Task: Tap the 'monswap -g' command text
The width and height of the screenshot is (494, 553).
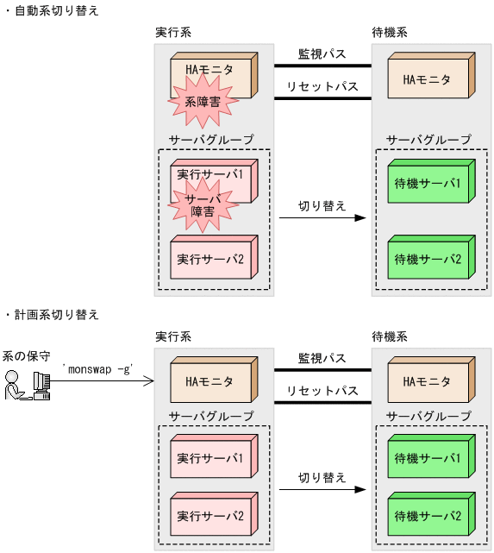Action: (x=97, y=368)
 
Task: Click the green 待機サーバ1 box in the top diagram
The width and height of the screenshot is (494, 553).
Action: (x=427, y=183)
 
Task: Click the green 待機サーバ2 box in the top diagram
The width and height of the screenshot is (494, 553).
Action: (x=427, y=258)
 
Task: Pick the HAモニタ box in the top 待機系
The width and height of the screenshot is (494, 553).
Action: (x=427, y=79)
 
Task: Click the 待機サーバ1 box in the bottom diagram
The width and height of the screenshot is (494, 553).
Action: (x=427, y=456)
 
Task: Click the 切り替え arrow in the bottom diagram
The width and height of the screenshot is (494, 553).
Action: (x=322, y=489)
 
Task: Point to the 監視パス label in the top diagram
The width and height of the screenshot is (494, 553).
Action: (x=322, y=53)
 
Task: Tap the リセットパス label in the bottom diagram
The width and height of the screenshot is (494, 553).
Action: (x=322, y=390)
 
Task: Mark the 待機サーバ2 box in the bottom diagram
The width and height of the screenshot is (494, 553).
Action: (x=427, y=515)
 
